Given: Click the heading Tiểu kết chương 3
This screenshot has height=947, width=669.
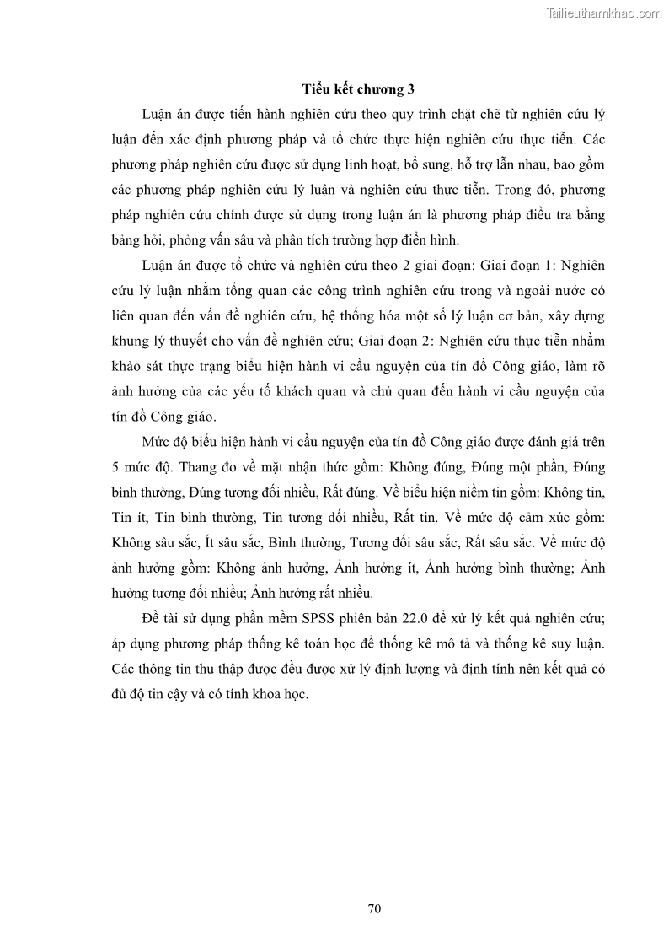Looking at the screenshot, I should click(359, 89).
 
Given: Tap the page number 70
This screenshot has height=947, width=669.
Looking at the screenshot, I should click(375, 908).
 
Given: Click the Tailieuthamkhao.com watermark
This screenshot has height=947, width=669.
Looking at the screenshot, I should click(604, 13).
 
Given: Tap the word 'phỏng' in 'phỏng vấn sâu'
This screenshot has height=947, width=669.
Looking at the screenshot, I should click(174, 239).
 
